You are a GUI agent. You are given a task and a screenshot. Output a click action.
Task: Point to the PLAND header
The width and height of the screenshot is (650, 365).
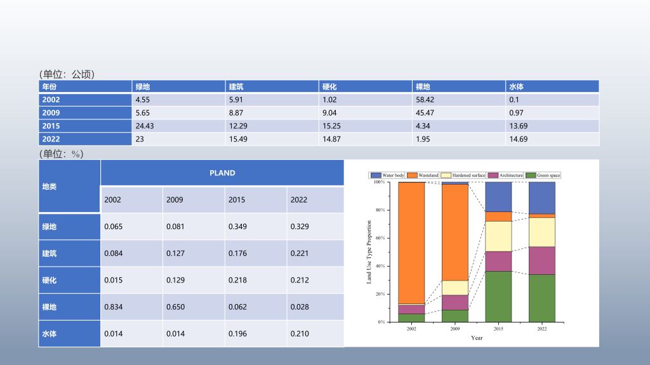(x=222, y=173)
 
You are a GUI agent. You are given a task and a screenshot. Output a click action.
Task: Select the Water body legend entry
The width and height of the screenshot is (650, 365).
(x=388, y=175)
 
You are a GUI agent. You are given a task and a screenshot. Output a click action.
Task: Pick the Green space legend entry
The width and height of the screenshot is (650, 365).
(x=543, y=175)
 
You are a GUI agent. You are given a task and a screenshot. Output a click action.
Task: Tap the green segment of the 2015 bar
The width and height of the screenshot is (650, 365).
(x=498, y=296)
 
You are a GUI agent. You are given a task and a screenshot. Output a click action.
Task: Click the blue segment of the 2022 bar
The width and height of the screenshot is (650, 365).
(x=542, y=197)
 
